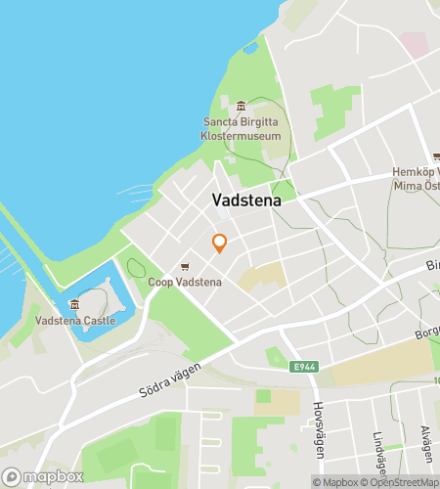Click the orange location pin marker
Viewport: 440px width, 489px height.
click(220, 243)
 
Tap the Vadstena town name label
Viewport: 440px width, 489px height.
click(245, 200)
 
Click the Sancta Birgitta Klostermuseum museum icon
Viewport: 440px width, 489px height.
click(242, 106)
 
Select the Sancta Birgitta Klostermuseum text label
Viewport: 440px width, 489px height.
click(242, 129)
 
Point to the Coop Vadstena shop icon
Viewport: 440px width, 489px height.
click(185, 267)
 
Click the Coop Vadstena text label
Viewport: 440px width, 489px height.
click(185, 283)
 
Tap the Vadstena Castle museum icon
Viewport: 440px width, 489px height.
click(74, 304)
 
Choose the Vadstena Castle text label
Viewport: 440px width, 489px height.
click(74, 320)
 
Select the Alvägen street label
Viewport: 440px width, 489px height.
click(425, 445)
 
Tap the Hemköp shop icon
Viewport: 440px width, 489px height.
click(436, 156)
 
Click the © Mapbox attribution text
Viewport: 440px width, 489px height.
click(333, 481)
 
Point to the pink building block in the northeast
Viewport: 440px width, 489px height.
click(414, 44)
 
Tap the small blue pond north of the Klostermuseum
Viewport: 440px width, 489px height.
click(250, 46)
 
